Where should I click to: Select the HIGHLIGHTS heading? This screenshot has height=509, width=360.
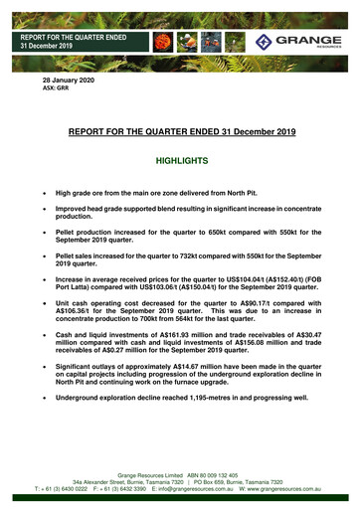(180, 159)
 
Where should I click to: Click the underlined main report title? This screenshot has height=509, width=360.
(180, 130)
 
